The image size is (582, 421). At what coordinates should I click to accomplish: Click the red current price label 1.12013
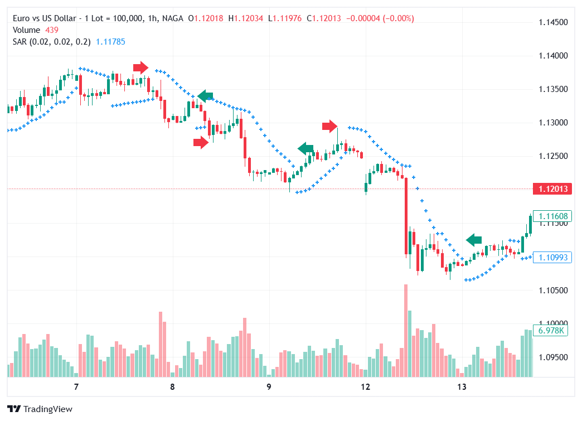pyautogui.click(x=552, y=189)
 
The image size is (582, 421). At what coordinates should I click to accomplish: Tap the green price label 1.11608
pyautogui.click(x=552, y=216)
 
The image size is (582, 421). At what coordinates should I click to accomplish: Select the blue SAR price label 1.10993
pyautogui.click(x=552, y=257)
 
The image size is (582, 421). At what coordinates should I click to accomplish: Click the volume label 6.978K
pyautogui.click(x=552, y=331)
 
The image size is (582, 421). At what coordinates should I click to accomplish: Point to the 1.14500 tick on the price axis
pyautogui.click(x=553, y=23)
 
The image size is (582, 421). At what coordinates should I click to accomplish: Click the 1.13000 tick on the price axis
pyautogui.click(x=553, y=123)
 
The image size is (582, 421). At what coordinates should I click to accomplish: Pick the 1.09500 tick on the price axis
pyautogui.click(x=553, y=357)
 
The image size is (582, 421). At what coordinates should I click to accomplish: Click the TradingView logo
pyautogui.click(x=40, y=409)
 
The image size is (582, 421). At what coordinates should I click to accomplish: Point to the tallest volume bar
pyautogui.click(x=405, y=330)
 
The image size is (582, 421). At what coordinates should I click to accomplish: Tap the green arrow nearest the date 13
pyautogui.click(x=474, y=240)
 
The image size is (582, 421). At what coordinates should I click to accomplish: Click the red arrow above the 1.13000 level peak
pyautogui.click(x=329, y=126)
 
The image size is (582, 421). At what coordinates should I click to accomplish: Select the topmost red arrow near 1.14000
pyautogui.click(x=140, y=67)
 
